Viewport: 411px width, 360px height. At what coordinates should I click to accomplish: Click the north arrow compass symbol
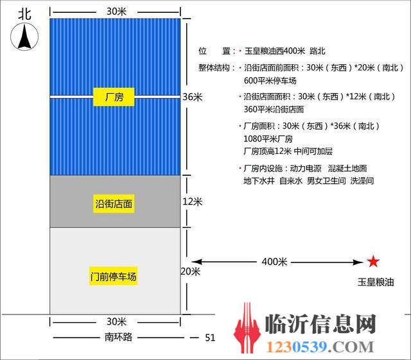(24, 37)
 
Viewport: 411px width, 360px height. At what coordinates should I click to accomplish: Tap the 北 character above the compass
(24, 14)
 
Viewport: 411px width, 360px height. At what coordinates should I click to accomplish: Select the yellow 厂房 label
(114, 97)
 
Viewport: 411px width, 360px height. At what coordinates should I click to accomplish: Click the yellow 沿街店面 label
(114, 203)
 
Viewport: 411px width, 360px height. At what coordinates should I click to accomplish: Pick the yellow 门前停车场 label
(113, 276)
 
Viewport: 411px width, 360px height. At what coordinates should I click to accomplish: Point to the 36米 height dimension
(193, 97)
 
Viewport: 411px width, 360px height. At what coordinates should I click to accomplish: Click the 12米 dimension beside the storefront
(193, 201)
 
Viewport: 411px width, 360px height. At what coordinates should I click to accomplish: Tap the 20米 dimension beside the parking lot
(191, 271)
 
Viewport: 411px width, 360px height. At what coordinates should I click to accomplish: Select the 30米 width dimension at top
(117, 12)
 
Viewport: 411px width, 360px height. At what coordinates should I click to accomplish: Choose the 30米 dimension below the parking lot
(117, 321)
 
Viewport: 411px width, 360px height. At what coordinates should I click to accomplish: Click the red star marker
(373, 261)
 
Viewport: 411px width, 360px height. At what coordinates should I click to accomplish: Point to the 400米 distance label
(274, 261)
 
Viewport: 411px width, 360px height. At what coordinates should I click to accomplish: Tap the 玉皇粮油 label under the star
(376, 282)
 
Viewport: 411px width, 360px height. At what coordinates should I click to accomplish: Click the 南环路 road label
(118, 337)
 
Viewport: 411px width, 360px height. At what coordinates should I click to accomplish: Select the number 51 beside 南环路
(210, 338)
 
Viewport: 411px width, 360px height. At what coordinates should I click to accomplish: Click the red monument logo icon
(247, 329)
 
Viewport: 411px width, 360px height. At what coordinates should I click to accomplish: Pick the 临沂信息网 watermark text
(320, 324)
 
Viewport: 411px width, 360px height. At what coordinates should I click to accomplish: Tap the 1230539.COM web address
(320, 347)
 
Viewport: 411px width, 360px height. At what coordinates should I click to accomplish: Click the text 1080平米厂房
(268, 139)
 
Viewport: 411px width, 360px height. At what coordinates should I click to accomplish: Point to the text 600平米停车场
(270, 80)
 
